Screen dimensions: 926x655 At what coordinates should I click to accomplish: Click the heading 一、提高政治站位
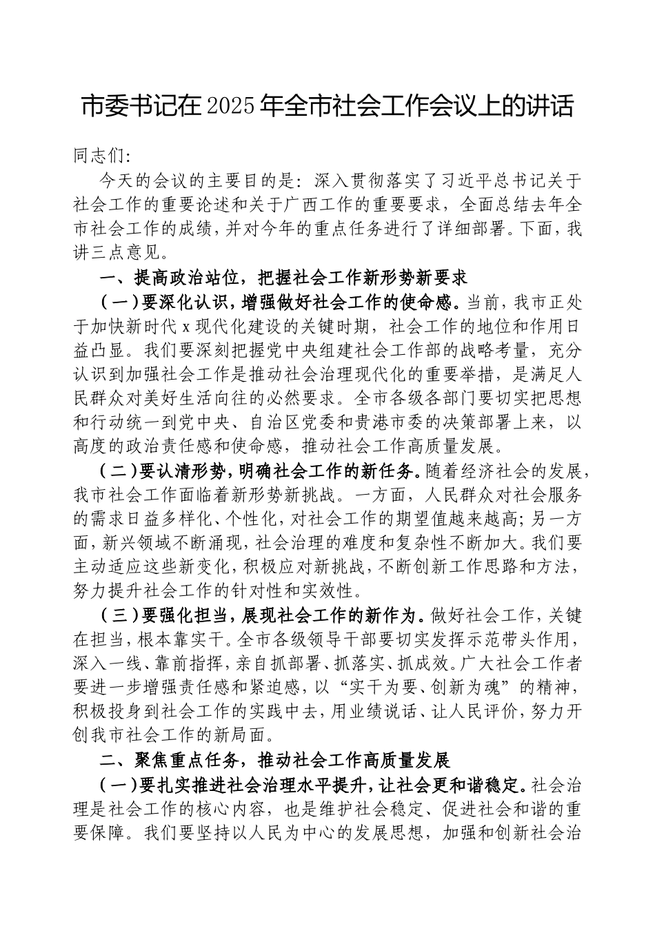(x=169, y=278)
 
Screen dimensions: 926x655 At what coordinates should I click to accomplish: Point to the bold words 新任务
(x=389, y=471)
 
